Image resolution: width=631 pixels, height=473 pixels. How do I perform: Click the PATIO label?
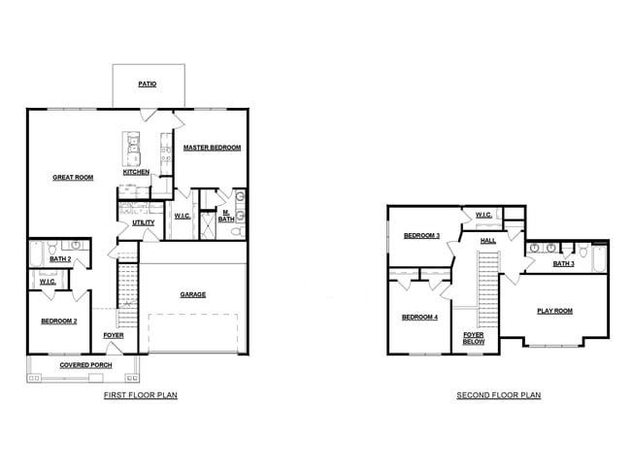coord(148,84)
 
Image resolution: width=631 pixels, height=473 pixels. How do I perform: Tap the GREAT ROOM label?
coord(73,178)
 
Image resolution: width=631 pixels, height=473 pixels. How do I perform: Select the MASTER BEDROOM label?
coord(213,148)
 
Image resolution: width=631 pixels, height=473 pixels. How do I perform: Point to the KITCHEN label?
coord(136,172)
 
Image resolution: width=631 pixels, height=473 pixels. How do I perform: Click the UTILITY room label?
coord(144,222)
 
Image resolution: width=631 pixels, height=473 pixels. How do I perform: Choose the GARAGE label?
coord(192,294)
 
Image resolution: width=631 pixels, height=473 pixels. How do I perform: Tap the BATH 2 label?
coord(60,259)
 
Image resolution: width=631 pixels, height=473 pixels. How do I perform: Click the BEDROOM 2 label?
coord(58,321)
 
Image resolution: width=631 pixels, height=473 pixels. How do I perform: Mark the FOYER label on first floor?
coord(114,336)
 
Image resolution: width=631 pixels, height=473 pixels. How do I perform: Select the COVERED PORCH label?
coord(85,365)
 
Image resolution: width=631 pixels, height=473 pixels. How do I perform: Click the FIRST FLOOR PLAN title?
coord(140,396)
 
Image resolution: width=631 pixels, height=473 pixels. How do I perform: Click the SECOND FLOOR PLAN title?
coord(499,396)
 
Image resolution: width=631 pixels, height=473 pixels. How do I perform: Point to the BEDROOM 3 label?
coord(422,236)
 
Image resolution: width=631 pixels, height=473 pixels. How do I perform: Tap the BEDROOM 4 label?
coord(420,318)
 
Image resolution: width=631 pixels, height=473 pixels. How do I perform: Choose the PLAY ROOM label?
coord(555,311)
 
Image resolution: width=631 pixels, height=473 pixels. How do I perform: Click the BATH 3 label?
coord(564,263)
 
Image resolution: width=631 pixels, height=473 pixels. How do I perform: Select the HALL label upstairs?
coord(488,240)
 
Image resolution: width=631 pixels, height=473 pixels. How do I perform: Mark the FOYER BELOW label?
coord(474,338)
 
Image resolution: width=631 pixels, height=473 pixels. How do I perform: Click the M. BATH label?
coord(224,216)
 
